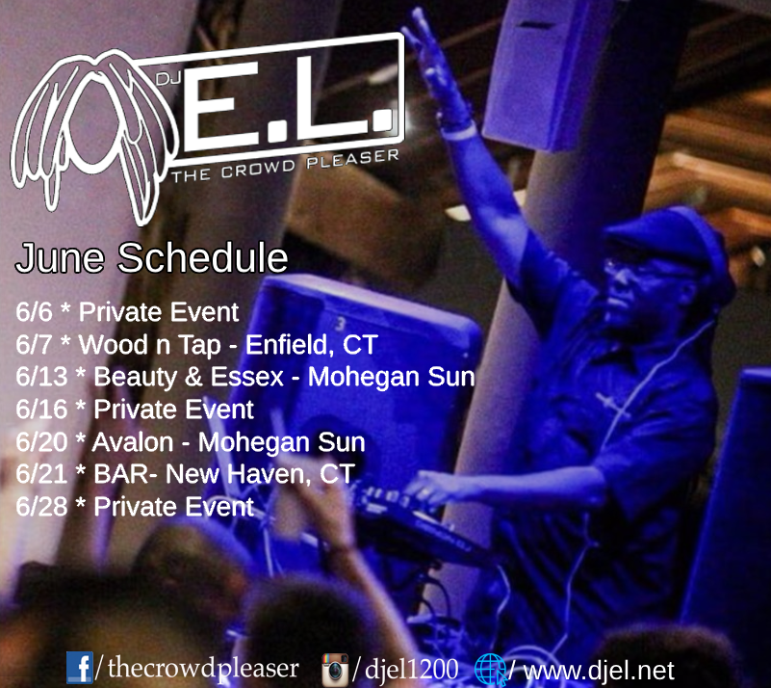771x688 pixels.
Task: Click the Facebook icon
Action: (x=80, y=668)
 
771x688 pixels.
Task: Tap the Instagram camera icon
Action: (x=335, y=670)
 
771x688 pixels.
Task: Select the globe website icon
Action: (x=490, y=670)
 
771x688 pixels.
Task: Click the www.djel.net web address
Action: (x=599, y=671)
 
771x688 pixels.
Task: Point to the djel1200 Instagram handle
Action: (x=412, y=670)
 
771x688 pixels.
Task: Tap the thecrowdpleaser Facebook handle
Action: (x=203, y=669)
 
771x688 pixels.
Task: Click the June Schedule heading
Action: (x=151, y=257)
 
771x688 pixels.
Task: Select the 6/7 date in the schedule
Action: (x=34, y=345)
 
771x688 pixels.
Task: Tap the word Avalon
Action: (x=133, y=442)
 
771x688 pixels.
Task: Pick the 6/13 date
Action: (x=41, y=377)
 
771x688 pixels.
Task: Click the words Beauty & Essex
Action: (x=189, y=377)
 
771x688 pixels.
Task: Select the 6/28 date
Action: (x=41, y=507)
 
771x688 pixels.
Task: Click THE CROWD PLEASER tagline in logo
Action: (x=285, y=166)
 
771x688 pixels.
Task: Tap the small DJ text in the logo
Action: (x=169, y=78)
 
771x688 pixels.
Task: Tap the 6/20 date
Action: (x=41, y=442)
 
